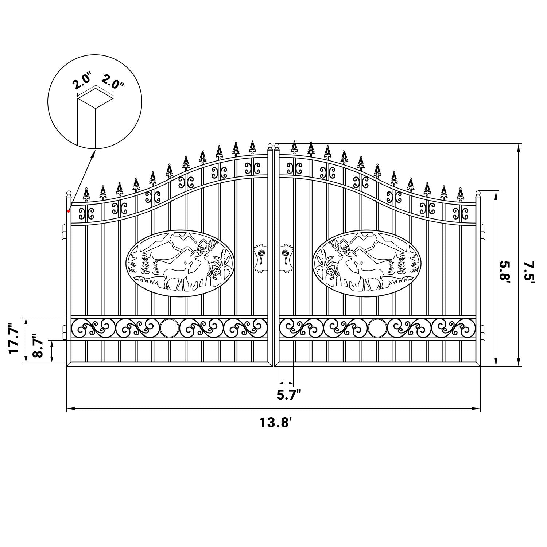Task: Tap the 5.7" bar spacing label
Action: pyautogui.click(x=289, y=395)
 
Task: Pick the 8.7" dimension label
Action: pyautogui.click(x=38, y=345)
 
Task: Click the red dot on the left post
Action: pyautogui.click(x=69, y=211)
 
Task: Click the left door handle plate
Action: pyautogui.click(x=260, y=257)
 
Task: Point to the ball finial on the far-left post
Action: pyautogui.click(x=68, y=193)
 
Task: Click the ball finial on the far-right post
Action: pyautogui.click(x=478, y=192)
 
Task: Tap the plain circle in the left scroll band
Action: pyautogui.click(x=169, y=327)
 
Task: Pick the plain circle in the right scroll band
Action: pyautogui.click(x=377, y=327)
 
